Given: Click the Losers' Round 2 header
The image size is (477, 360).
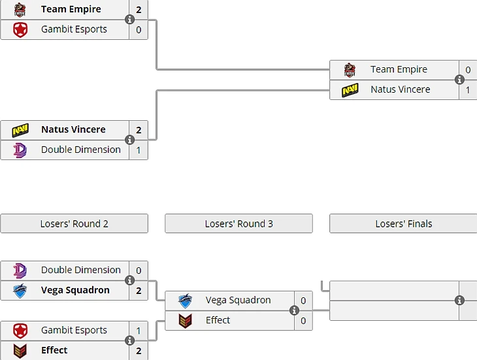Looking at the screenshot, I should pyautogui.click(x=74, y=223).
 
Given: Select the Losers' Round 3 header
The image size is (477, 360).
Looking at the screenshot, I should pyautogui.click(x=238, y=223).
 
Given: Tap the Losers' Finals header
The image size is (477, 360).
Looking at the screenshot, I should pyautogui.click(x=403, y=223).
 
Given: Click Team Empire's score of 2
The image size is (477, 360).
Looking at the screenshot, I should pyautogui.click(x=139, y=10).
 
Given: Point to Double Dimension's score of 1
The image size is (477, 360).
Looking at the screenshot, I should pyautogui.click(x=139, y=150).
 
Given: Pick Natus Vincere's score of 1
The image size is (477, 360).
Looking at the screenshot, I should pyautogui.click(x=468, y=90).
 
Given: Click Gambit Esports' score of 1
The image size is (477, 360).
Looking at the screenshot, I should pyautogui.click(x=139, y=331).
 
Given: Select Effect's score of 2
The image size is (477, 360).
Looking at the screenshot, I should pyautogui.click(x=139, y=350).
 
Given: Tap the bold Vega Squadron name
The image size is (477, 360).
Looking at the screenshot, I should pyautogui.click(x=75, y=290).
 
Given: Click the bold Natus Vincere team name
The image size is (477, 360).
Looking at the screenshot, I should pyautogui.click(x=73, y=129).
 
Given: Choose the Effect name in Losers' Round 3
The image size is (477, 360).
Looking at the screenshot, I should pyautogui.click(x=218, y=320).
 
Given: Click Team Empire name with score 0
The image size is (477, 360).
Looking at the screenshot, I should pyautogui.click(x=399, y=69).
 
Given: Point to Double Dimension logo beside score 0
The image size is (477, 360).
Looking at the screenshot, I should pyautogui.click(x=20, y=270).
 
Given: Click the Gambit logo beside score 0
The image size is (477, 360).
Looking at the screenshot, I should pyautogui.click(x=20, y=29).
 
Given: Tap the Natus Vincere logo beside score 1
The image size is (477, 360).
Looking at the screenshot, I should pyautogui.click(x=350, y=90).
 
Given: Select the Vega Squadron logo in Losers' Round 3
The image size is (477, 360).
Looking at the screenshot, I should pyautogui.click(x=185, y=301).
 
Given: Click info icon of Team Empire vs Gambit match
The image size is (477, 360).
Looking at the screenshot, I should pyautogui.click(x=129, y=20).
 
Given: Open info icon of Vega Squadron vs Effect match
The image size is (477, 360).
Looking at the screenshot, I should pyautogui.click(x=294, y=310).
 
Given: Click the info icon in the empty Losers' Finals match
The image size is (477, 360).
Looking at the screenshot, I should pyautogui.click(x=459, y=301).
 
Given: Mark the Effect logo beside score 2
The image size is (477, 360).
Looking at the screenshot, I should pyautogui.click(x=20, y=350).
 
